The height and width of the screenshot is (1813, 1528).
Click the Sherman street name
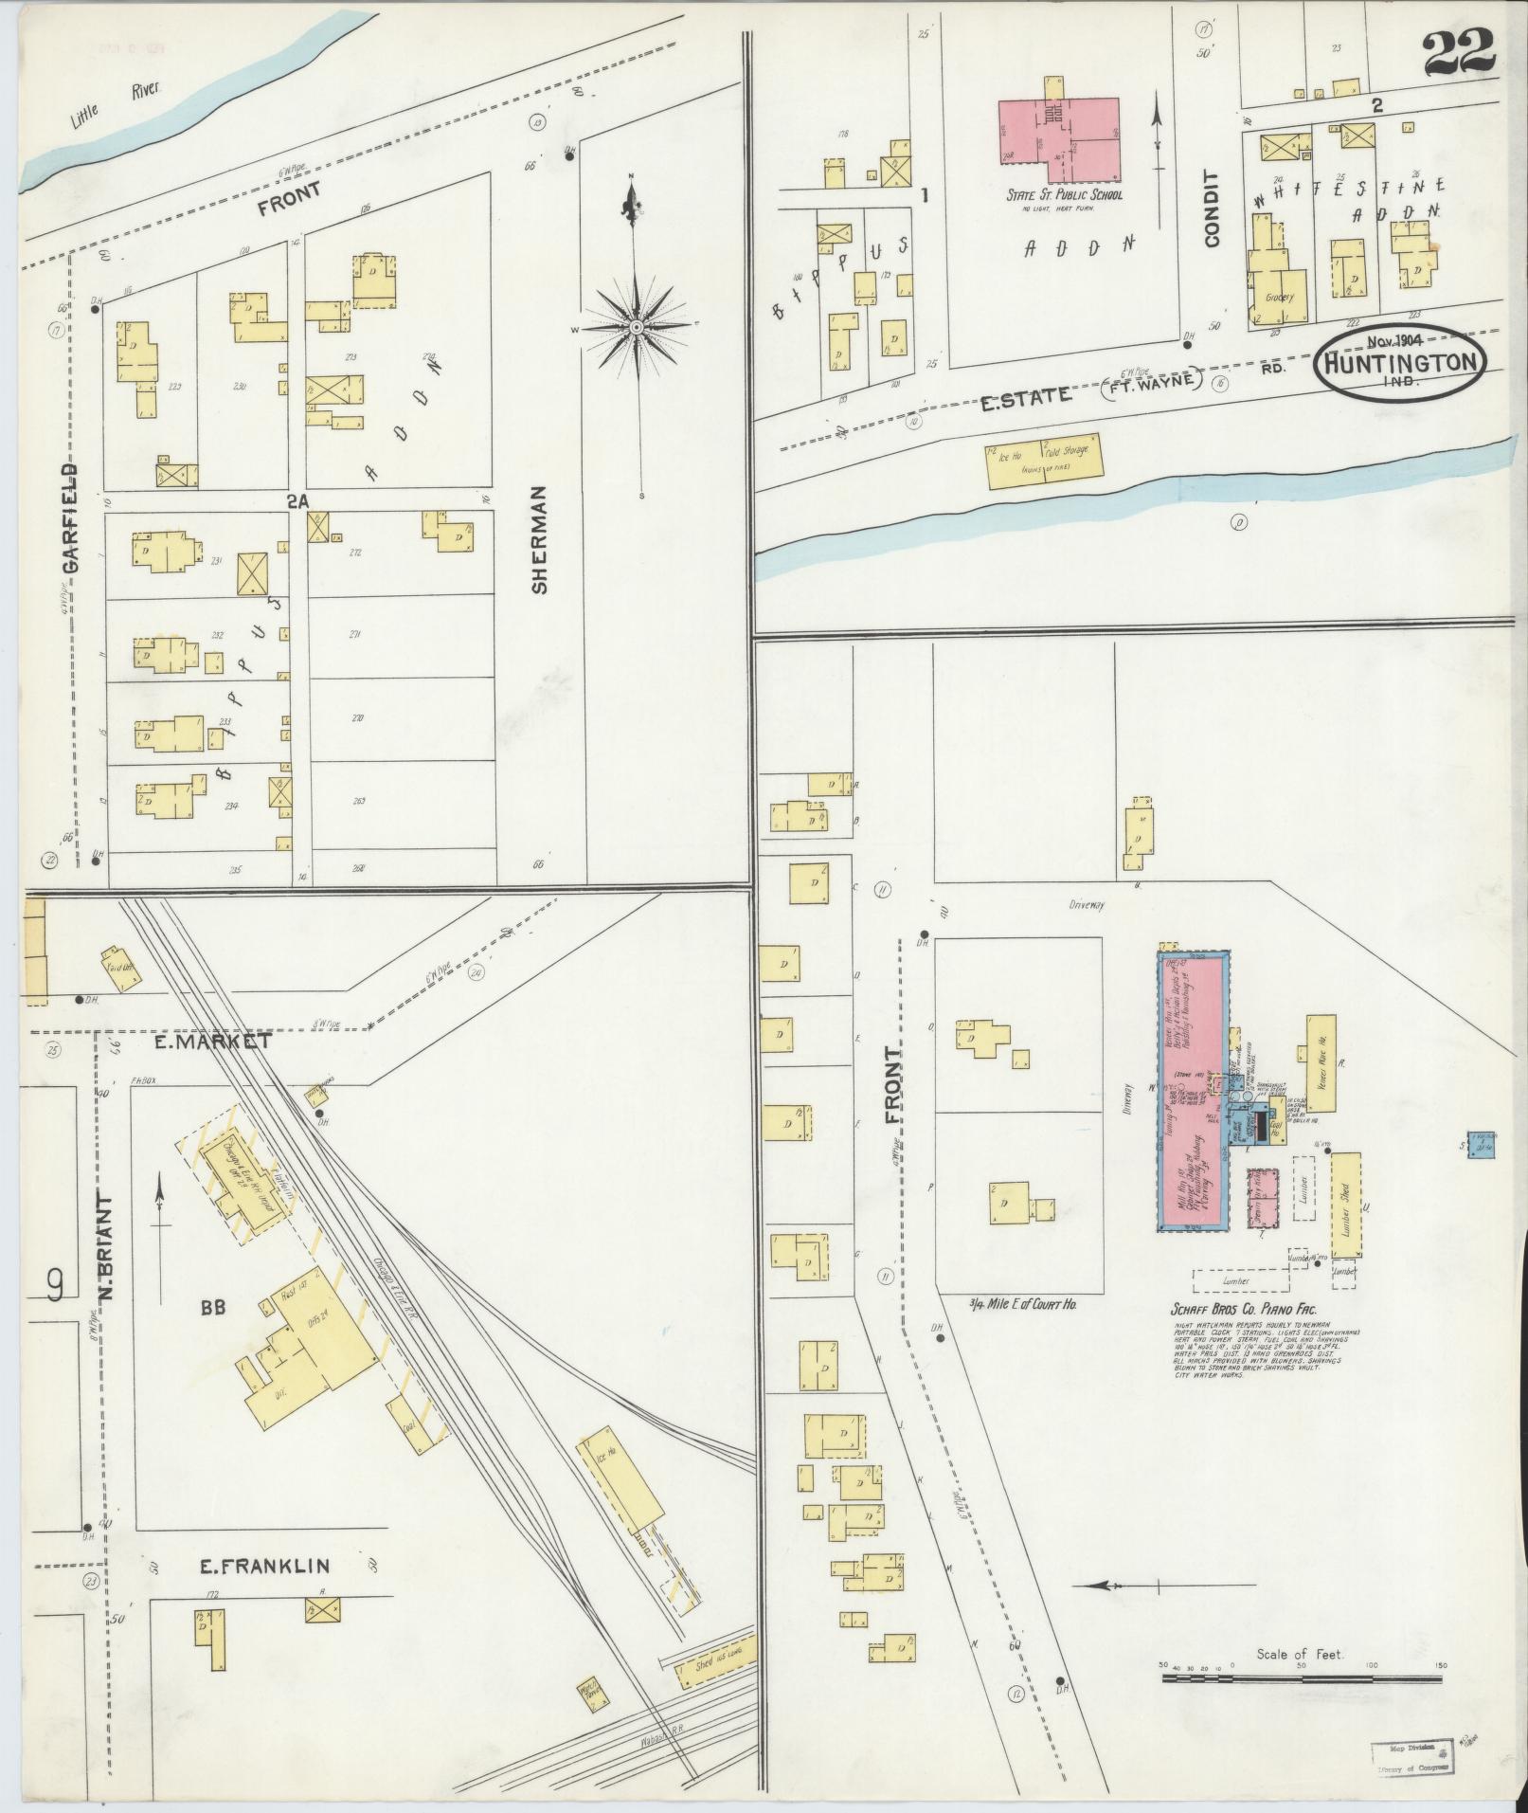pyautogui.click(x=540, y=540)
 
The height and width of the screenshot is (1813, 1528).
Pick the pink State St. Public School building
pyautogui.click(x=1059, y=139)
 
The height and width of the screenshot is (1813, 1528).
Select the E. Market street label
pyautogui.click(x=215, y=1041)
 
